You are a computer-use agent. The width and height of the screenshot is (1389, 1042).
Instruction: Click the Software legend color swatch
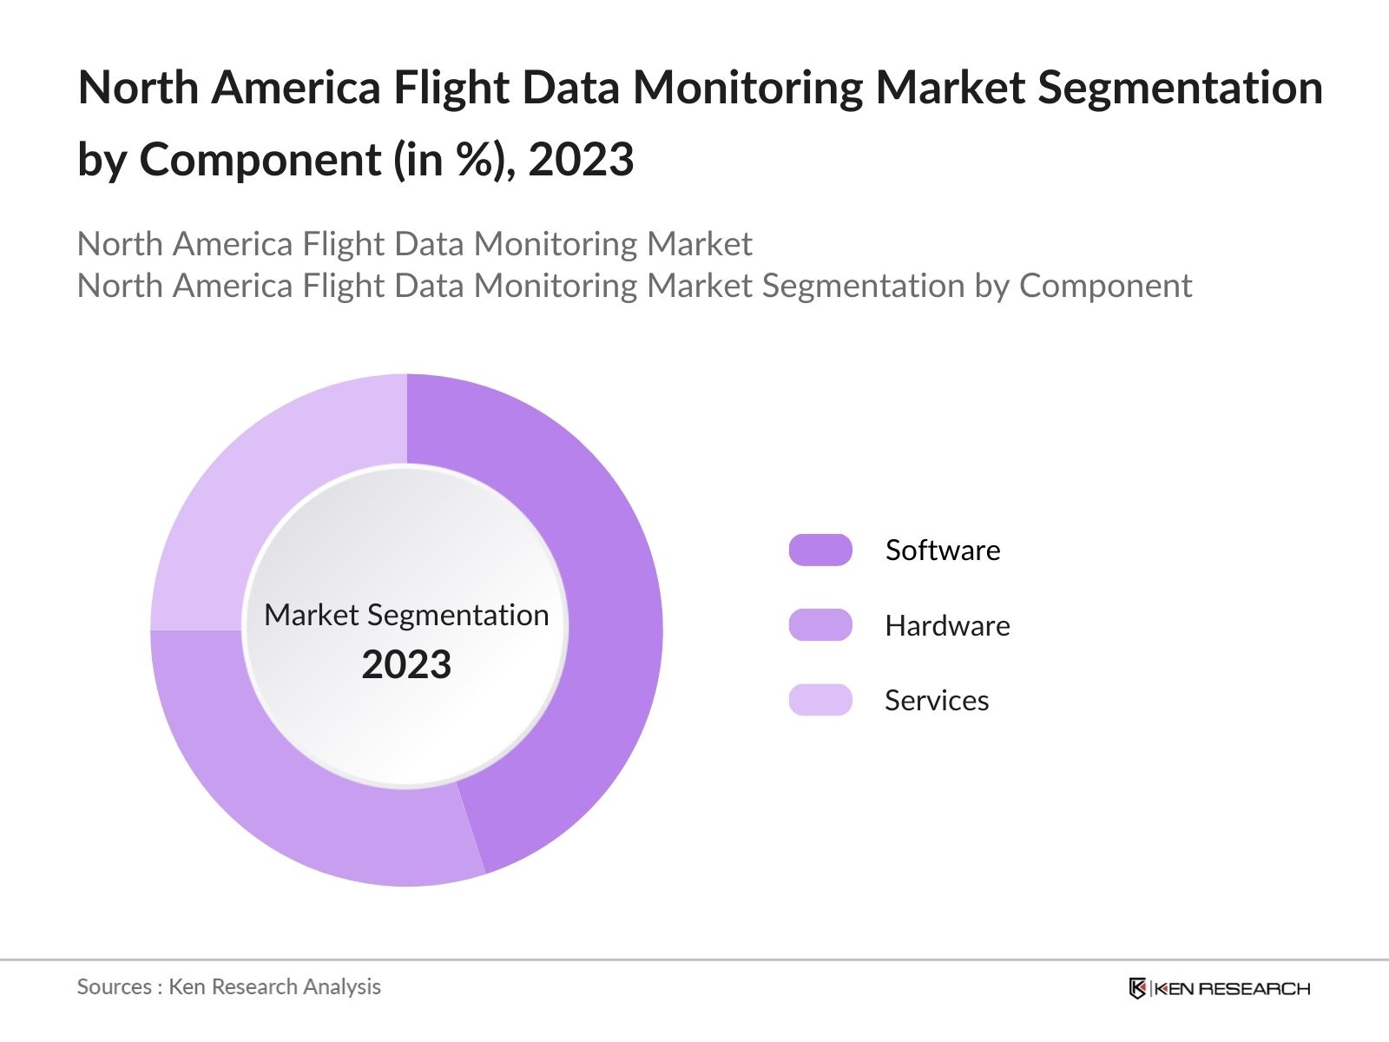820,551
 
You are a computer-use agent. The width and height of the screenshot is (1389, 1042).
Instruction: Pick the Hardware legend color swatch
820,625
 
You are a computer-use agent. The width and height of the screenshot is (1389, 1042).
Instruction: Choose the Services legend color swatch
820,700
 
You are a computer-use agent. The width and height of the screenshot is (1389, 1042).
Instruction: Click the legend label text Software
943,551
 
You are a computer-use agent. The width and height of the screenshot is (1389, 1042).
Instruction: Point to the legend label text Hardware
947,626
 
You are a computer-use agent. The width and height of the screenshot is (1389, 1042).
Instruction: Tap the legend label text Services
937,701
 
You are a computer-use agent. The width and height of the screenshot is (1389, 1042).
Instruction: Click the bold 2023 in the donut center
406,665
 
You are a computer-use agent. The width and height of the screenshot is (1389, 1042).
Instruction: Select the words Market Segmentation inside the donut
406,615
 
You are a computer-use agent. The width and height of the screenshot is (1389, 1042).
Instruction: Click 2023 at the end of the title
581,160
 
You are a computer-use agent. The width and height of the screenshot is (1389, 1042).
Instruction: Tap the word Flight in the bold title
451,88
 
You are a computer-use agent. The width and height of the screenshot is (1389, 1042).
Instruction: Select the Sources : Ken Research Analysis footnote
229,987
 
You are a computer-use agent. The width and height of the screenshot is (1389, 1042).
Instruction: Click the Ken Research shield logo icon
1137,988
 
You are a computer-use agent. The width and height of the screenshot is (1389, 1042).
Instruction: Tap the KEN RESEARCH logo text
1232,988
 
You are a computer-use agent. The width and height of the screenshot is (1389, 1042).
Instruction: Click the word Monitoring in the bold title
747,88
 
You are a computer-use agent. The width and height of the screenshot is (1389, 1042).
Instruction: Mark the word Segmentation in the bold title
1181,88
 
